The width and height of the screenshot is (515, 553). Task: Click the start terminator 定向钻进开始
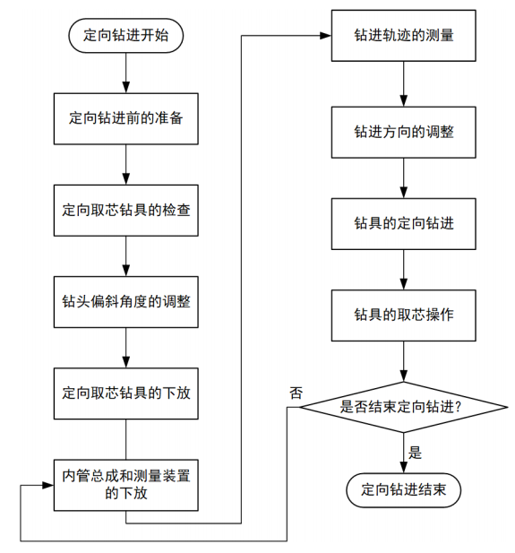pos(126,36)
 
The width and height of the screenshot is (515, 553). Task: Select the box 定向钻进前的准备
pos(126,119)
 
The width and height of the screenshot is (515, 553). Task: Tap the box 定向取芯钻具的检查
pos(126,211)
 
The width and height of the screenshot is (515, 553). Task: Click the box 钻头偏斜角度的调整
pos(126,302)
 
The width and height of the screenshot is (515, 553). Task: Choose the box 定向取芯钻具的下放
pos(126,393)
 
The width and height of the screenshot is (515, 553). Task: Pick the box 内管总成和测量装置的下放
pos(126,485)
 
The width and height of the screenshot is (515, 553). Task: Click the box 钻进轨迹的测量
pos(404,36)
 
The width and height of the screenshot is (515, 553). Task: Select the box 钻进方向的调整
pos(404,133)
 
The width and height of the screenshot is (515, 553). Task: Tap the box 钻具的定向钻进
pos(404,224)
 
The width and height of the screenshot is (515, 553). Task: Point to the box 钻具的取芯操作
pos(404,315)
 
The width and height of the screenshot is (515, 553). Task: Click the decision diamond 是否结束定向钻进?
pos(404,407)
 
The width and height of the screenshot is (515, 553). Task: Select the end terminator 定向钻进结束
pos(404,490)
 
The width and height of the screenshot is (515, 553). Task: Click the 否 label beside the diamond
pos(296,393)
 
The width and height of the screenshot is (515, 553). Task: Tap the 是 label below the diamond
pos(415,453)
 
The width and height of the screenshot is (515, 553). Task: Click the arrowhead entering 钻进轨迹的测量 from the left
pos(326,36)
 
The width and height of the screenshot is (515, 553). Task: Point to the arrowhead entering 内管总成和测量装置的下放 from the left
pos(48,485)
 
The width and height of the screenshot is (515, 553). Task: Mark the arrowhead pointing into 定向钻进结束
pos(404,468)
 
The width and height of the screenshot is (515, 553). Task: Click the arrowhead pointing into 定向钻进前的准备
pos(126,88)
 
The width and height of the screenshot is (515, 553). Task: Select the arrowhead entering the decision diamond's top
pos(404,376)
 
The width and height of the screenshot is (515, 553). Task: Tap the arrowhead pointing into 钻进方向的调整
pos(404,101)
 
